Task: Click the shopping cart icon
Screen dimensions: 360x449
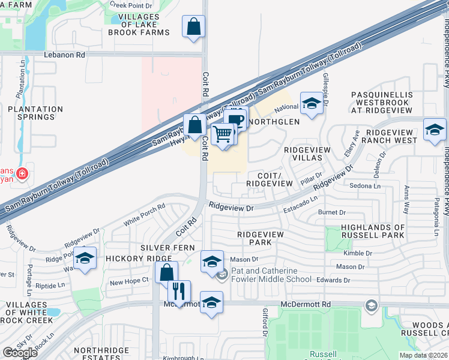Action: pyautogui.click(x=223, y=134)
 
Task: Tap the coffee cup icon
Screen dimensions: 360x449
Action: pyautogui.click(x=237, y=119)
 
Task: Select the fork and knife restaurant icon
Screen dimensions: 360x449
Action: pyautogui.click(x=179, y=292)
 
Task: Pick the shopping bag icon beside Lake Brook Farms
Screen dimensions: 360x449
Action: pyautogui.click(x=194, y=26)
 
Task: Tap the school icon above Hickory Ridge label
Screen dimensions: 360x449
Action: pyautogui.click(x=85, y=258)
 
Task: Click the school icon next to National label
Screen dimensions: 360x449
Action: pyautogui.click(x=312, y=103)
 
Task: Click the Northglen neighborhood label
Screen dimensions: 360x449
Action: pyautogui.click(x=273, y=122)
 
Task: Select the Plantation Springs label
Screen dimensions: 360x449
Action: pyautogui.click(x=35, y=113)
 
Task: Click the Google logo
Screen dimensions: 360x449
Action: pyautogui.click(x=19, y=353)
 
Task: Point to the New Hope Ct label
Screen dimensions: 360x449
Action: pyautogui.click(x=129, y=281)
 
